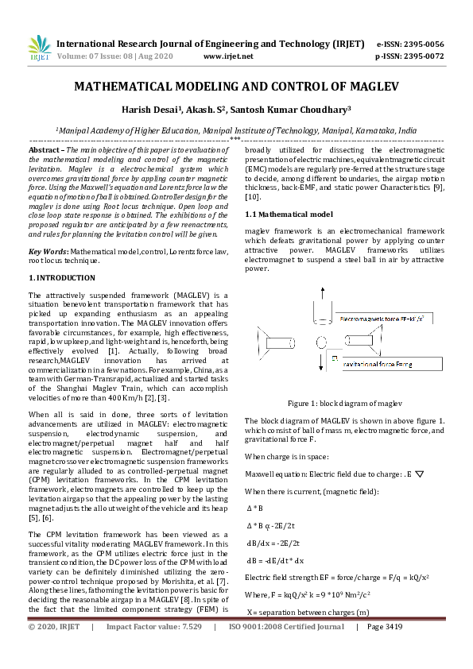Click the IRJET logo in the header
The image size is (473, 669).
(x=39, y=48)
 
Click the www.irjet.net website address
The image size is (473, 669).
(x=228, y=56)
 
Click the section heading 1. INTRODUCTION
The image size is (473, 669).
(x=62, y=277)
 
